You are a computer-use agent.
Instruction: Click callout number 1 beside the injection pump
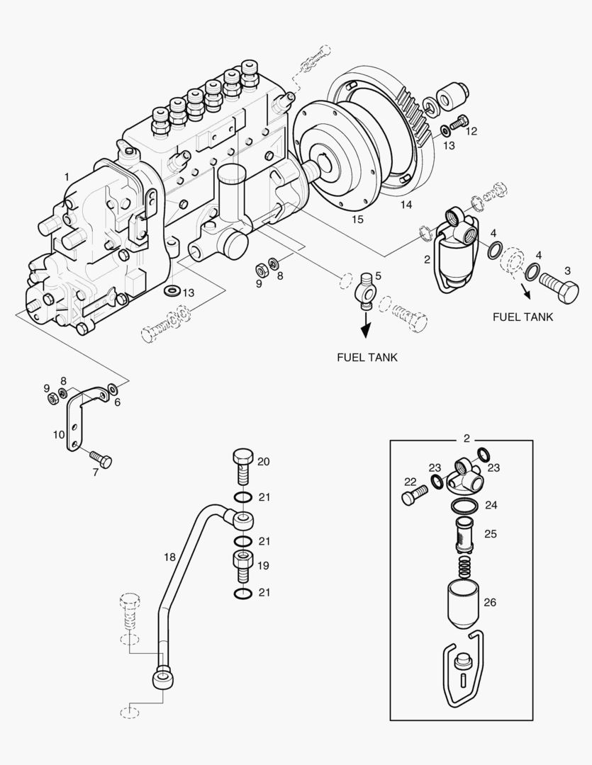coord(67,176)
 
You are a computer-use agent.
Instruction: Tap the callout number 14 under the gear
coord(405,205)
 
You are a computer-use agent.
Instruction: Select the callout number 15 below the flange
coord(357,220)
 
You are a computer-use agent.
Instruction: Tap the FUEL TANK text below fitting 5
coord(367,357)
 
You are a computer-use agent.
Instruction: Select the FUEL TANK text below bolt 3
coord(523,317)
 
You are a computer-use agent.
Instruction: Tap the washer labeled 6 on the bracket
coord(113,389)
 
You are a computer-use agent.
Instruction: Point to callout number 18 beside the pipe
coord(169,557)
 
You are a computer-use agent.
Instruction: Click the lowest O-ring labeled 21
coord(242,592)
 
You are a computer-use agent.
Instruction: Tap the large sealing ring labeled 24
coord(464,506)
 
